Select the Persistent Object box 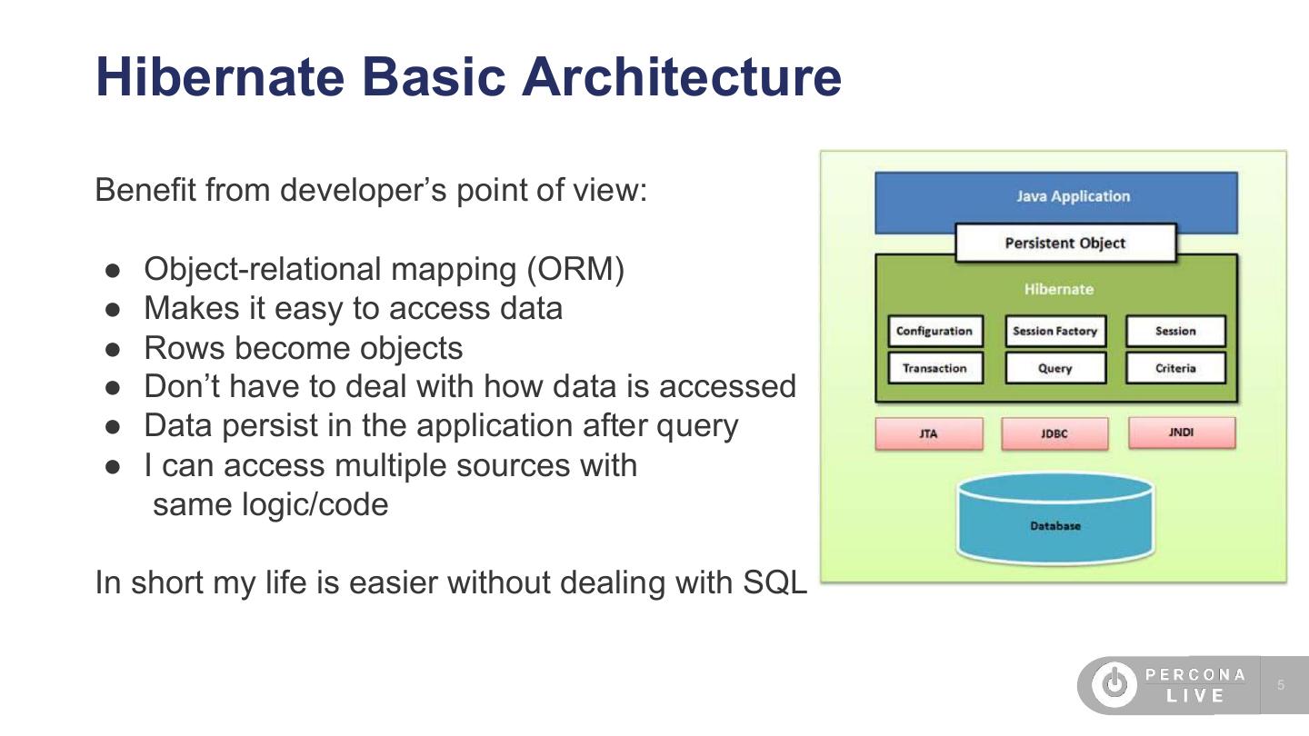(x=1065, y=244)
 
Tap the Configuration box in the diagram (x=934, y=331)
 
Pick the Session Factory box (x=1054, y=331)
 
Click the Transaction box (x=934, y=368)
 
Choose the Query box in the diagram (x=1054, y=368)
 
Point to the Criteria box (x=1175, y=368)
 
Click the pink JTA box (x=928, y=433)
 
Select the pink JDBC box (x=1054, y=433)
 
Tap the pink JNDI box (x=1181, y=433)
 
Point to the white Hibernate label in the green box (x=1058, y=290)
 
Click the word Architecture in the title (x=681, y=76)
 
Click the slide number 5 (x=1281, y=685)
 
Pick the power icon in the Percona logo (x=1114, y=684)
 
